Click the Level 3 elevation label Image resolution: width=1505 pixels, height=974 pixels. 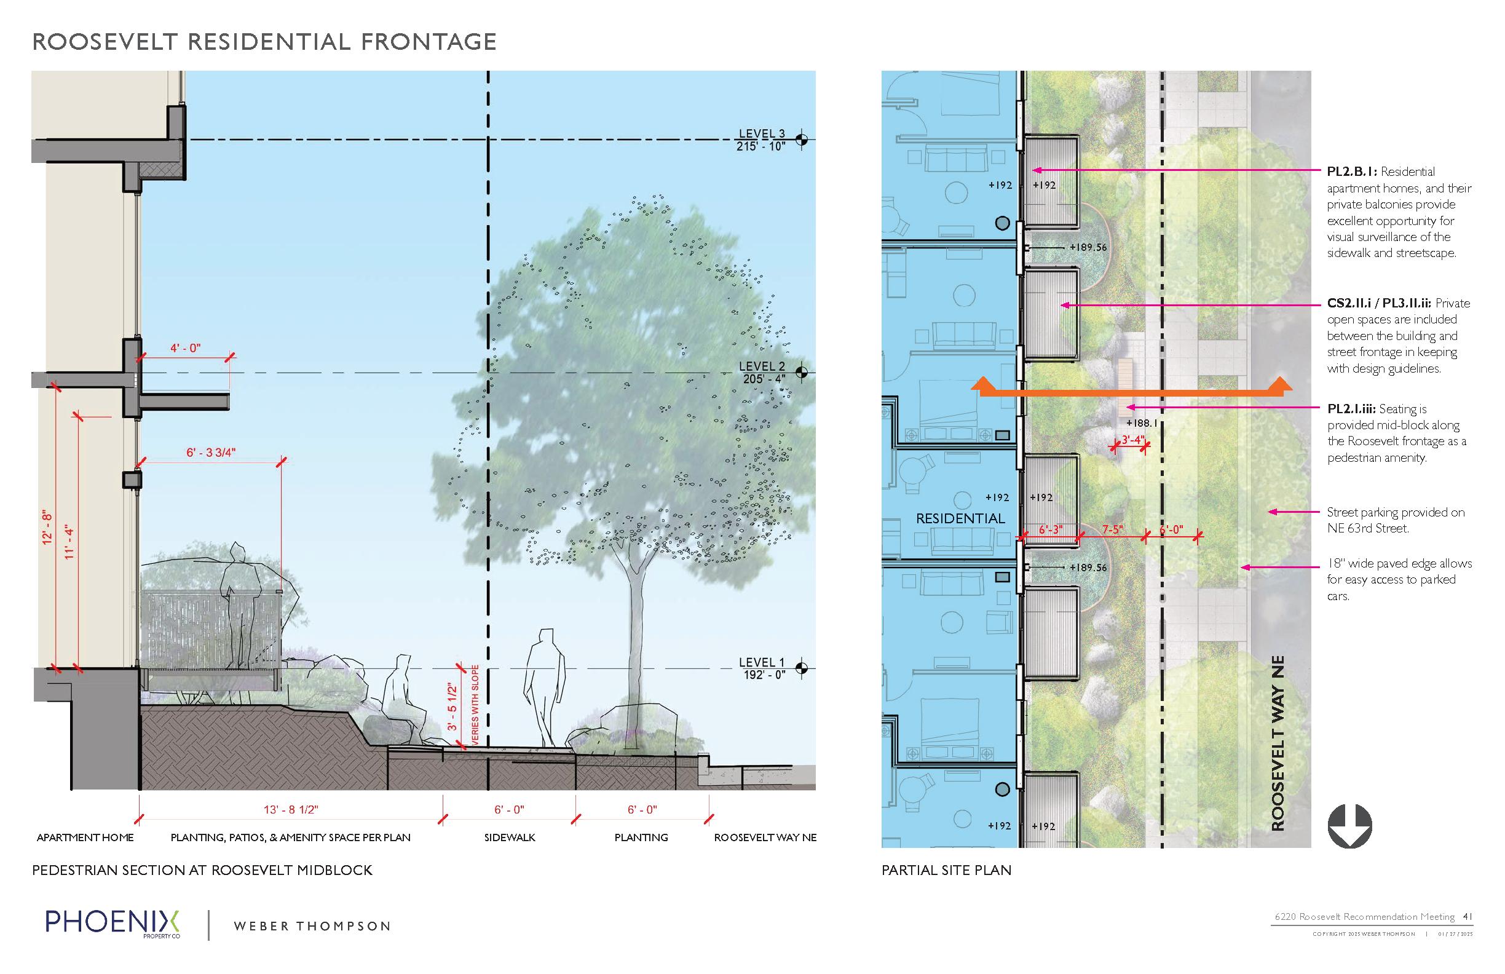pyautogui.click(x=761, y=140)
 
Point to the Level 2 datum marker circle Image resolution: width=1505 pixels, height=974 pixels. pyautogui.click(x=801, y=372)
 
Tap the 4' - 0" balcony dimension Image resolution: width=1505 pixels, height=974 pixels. pyautogui.click(x=185, y=348)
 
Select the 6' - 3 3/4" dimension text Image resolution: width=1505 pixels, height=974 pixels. pyautogui.click(x=211, y=453)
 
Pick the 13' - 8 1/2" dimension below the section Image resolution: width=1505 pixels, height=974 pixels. pyautogui.click(x=291, y=810)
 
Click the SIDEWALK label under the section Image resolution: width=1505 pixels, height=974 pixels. pyautogui.click(x=510, y=837)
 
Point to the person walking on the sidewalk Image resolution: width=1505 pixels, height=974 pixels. pyautogui.click(x=545, y=688)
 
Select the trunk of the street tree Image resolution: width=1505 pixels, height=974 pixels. pyautogui.click(x=634, y=658)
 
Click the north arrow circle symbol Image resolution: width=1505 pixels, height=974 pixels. pyautogui.click(x=1349, y=826)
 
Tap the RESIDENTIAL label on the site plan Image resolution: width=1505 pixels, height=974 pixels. pyautogui.click(x=960, y=518)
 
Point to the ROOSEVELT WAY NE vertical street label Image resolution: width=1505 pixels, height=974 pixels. pyautogui.click(x=1278, y=743)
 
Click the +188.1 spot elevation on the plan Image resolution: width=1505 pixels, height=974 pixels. pyautogui.click(x=1142, y=423)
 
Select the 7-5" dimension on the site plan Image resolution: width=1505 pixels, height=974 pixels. pyautogui.click(x=1112, y=529)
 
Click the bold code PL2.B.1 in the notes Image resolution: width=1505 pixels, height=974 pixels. pyautogui.click(x=1351, y=172)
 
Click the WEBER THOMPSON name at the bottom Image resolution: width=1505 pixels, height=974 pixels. pyautogui.click(x=312, y=927)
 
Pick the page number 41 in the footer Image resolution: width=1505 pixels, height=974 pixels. pyautogui.click(x=1467, y=916)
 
